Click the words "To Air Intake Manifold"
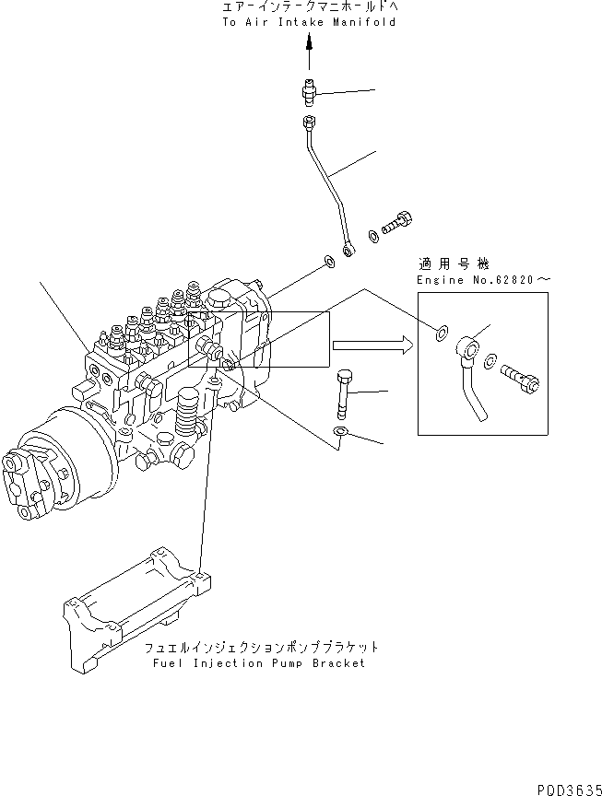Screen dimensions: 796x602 coord(308,21)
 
